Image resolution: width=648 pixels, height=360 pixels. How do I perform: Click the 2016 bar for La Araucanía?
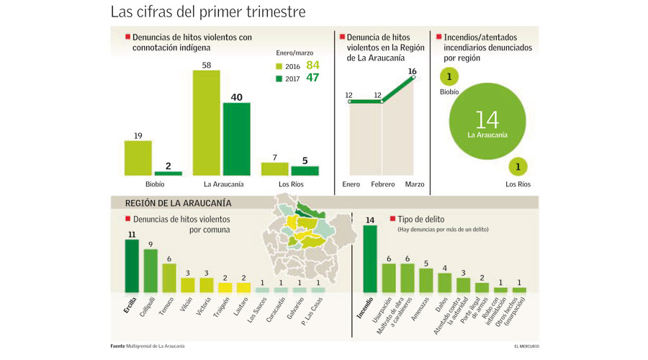click(206, 123)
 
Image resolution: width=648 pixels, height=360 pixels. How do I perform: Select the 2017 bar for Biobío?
click(168, 174)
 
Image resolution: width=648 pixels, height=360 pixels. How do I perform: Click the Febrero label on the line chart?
click(383, 184)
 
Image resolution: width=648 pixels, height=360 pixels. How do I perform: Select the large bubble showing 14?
click(482, 124)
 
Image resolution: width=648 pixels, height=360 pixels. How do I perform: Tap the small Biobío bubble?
click(449, 78)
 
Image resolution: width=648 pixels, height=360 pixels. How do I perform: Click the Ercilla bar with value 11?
click(132, 266)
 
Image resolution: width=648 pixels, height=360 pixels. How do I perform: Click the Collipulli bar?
click(150, 271)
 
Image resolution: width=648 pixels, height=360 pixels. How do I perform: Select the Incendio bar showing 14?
click(370, 258)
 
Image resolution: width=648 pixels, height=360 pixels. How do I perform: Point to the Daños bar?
click(444, 283)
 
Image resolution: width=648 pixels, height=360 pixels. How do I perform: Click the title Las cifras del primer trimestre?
click(208, 12)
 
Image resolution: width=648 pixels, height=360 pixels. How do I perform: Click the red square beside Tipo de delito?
click(392, 218)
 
